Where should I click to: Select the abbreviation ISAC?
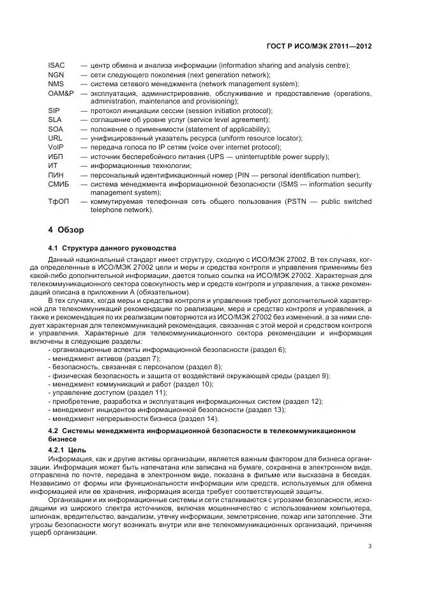56,66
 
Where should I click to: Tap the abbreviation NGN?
56,75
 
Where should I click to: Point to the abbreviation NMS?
56,84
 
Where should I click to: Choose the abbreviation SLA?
54,119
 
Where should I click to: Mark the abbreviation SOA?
55,129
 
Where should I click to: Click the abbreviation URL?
55,138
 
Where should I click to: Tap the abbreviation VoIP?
56,147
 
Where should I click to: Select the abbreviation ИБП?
56,157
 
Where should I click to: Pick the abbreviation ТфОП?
58,202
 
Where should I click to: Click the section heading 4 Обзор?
68,229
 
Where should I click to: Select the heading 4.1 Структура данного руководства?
113,248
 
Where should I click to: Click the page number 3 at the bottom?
370,546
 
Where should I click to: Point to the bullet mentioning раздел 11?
103,392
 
